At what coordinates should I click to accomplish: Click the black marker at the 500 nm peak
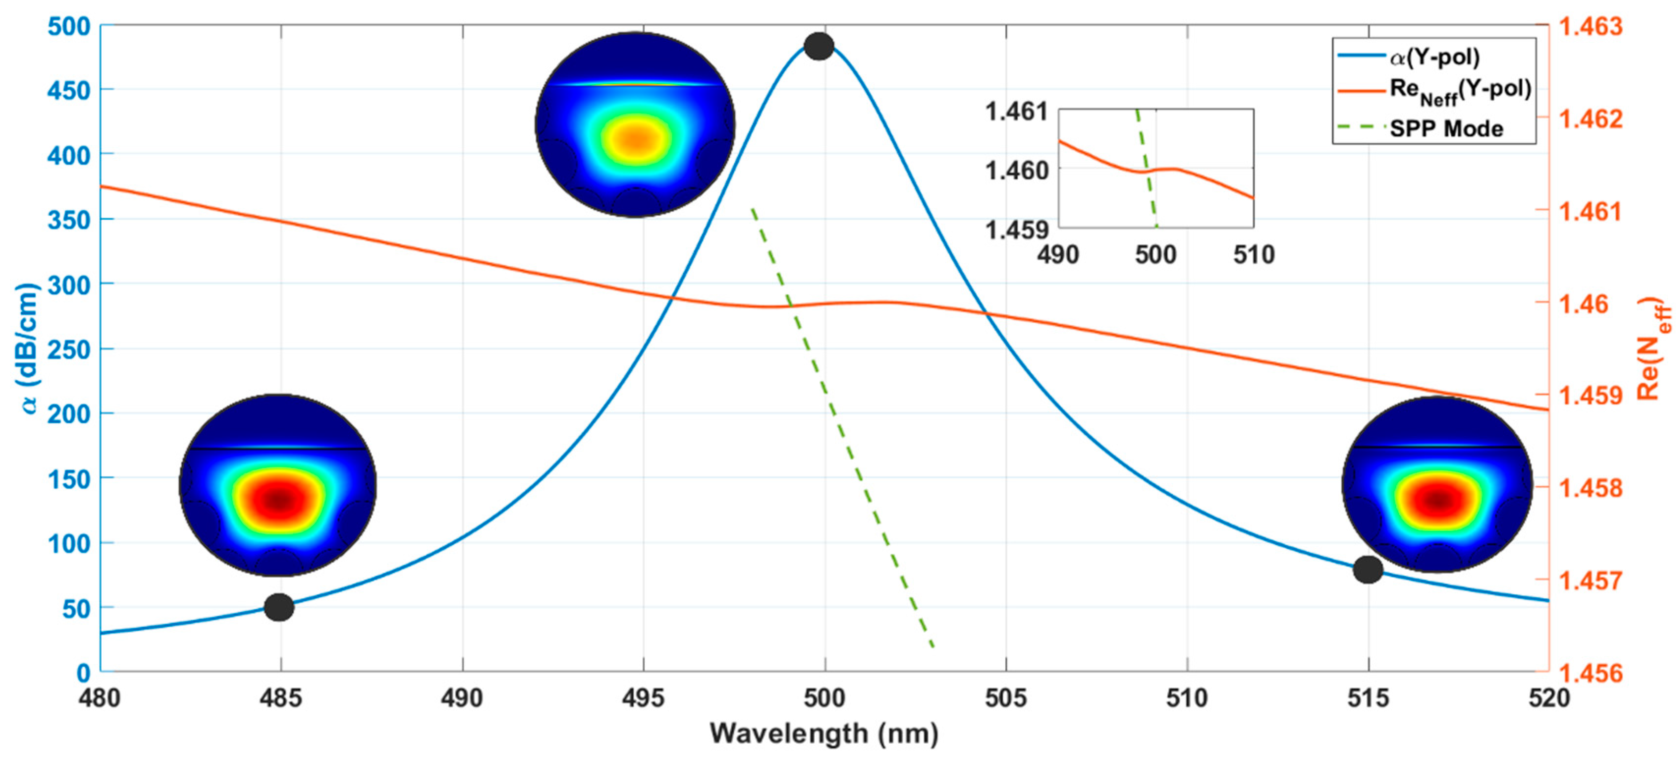click(819, 46)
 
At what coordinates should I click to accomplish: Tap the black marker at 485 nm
click(279, 607)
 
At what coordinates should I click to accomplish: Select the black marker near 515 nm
click(1368, 569)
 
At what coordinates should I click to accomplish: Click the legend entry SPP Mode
click(1446, 129)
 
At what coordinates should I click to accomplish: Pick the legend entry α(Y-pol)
click(1433, 57)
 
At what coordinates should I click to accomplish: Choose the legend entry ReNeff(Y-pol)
click(1460, 91)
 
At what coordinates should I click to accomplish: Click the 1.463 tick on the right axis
click(1589, 27)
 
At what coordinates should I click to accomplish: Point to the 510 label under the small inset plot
click(1253, 254)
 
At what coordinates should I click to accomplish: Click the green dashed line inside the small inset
click(1147, 169)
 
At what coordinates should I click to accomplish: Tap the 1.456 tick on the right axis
click(1589, 673)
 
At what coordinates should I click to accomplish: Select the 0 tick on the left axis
click(83, 673)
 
